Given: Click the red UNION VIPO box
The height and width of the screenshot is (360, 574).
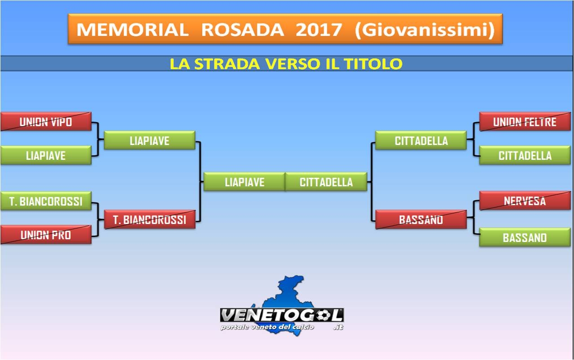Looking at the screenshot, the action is pos(46,122).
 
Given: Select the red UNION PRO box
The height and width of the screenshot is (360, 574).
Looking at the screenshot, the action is pos(46,235).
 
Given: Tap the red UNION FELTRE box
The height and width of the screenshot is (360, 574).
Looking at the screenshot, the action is pos(525,122).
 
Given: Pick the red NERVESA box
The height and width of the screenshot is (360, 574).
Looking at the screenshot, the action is pos(525,201).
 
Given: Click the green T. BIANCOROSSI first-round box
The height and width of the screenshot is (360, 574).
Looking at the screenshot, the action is pos(46,201).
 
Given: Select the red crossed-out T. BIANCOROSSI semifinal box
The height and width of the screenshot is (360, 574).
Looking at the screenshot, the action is pos(149,220).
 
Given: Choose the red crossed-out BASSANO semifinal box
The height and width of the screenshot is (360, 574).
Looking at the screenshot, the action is pos(421,220).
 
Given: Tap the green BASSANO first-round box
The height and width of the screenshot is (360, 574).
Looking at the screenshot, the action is pos(525,237).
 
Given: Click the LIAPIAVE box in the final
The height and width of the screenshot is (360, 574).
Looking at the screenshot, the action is pos(244,182).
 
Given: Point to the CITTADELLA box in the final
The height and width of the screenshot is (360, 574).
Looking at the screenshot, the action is pos(326,182).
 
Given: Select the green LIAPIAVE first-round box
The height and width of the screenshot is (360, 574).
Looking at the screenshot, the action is pos(46,155).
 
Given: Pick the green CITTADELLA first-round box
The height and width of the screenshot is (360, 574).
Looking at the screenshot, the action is pos(525,155).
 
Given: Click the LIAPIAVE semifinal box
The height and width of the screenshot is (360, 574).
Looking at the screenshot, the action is pos(149,140).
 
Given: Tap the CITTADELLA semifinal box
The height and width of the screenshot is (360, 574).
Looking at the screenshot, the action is pos(421,140).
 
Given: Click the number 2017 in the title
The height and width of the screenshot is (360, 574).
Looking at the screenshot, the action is pos(319,30).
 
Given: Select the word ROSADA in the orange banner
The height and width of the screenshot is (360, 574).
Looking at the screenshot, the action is pos(242,30).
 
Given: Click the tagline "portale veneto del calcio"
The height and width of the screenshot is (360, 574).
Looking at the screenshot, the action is pos(267,327).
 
